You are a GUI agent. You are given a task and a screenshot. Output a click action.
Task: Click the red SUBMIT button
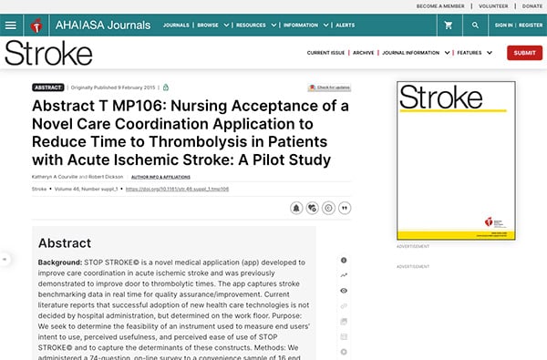(x=524, y=53)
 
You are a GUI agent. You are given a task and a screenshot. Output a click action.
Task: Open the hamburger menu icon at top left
(x=10, y=25)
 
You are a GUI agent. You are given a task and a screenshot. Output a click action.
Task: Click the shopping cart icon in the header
(x=448, y=25)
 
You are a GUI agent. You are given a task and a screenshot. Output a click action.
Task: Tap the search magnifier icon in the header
(x=476, y=25)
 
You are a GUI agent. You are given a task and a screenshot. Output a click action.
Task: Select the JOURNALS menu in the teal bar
(x=179, y=25)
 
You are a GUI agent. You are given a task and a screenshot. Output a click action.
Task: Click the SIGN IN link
(x=503, y=25)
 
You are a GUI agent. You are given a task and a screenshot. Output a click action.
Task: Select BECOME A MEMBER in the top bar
(x=440, y=5)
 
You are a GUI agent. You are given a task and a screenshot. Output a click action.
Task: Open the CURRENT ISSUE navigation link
(x=325, y=53)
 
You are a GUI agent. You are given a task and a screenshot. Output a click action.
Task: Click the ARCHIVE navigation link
(x=364, y=53)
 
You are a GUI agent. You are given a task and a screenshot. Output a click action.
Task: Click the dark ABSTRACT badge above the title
(x=47, y=87)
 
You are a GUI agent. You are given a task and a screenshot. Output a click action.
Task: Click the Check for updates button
(x=329, y=87)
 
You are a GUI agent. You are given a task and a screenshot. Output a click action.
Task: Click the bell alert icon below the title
(x=296, y=207)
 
